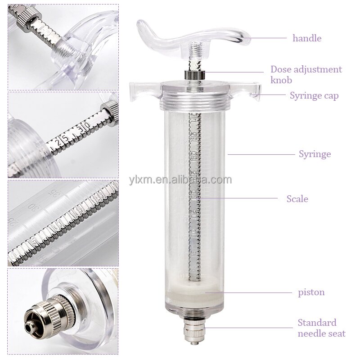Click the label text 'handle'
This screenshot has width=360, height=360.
tap(307, 38)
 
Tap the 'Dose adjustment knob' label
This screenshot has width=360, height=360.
tap(306, 75)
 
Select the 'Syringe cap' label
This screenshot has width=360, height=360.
tap(314, 95)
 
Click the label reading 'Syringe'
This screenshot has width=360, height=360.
tap(315, 154)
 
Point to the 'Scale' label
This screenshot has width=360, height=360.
tap(297, 198)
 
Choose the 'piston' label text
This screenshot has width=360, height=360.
tap(311, 292)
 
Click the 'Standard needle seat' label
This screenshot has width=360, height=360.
tap(321, 328)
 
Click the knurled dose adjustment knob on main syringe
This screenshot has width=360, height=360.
tap(193, 75)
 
